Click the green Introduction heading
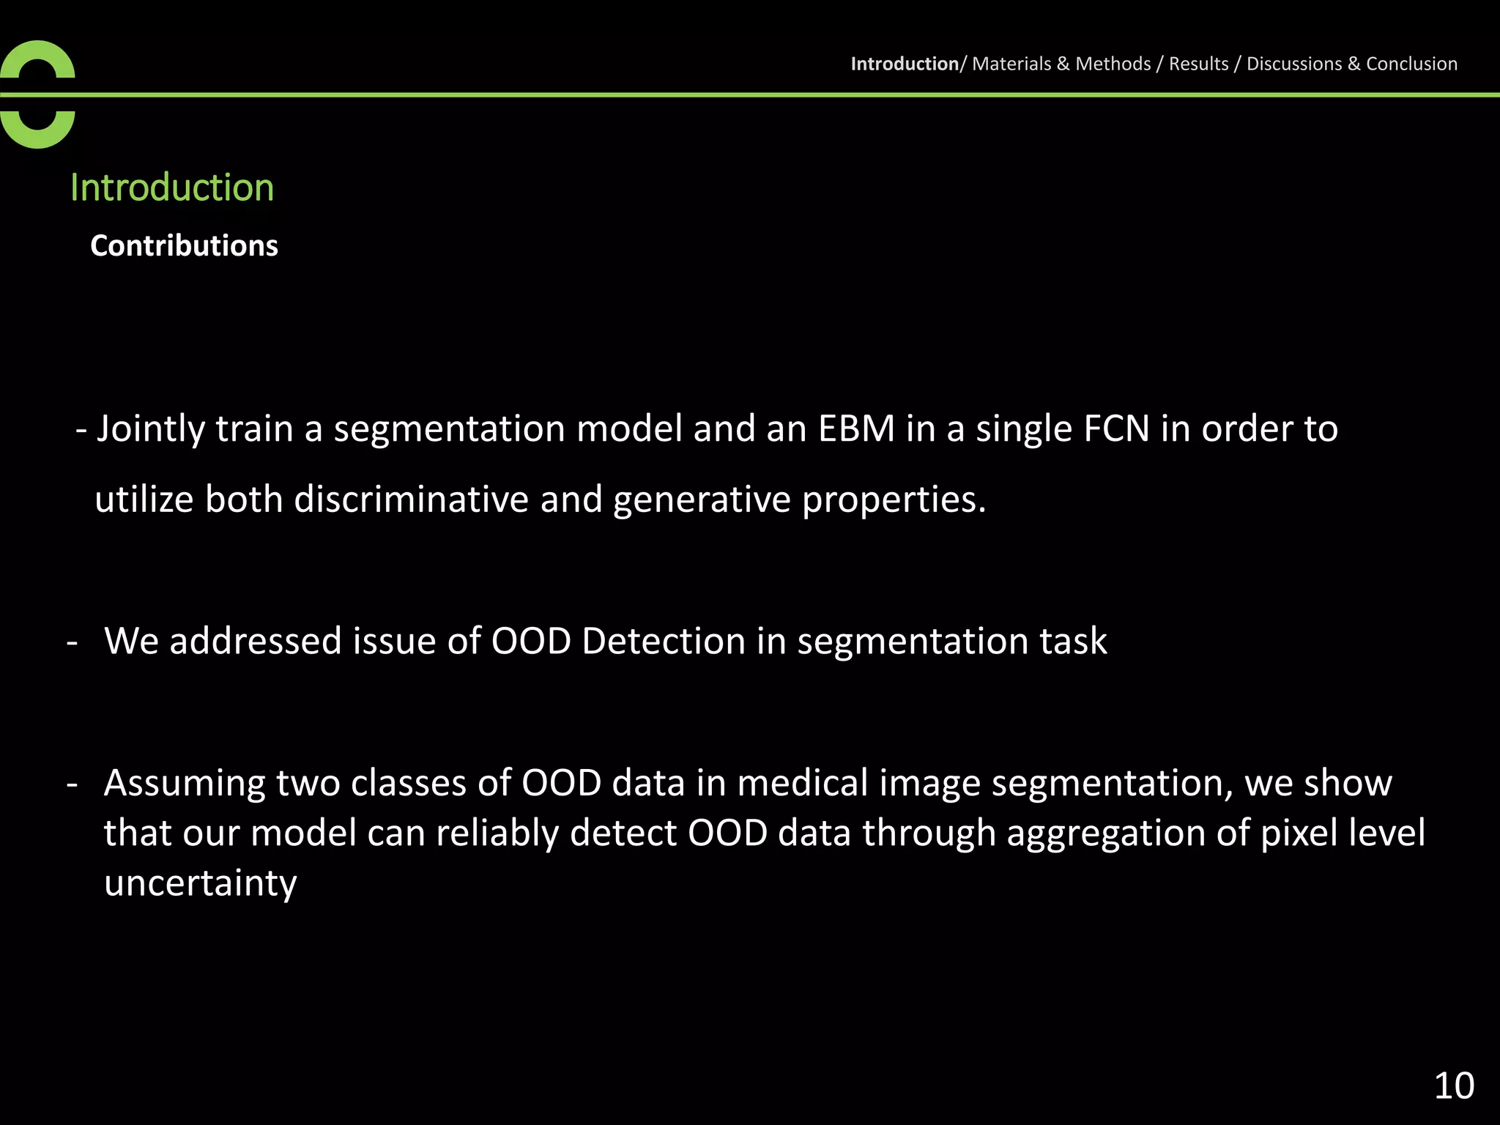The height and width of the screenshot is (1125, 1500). [x=172, y=187]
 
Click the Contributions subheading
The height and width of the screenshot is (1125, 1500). [x=184, y=245]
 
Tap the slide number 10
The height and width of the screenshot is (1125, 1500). [x=1453, y=1085]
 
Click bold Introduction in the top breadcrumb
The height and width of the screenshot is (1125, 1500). [x=904, y=64]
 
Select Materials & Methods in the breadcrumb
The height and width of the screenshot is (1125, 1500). [x=1061, y=64]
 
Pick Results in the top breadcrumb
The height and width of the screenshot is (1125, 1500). [x=1198, y=64]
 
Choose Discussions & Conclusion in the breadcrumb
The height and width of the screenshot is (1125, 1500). [x=1351, y=64]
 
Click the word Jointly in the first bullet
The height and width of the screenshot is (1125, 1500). [x=151, y=428]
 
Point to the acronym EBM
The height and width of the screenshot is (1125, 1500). [x=856, y=428]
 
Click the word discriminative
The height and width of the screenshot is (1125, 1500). [x=411, y=500]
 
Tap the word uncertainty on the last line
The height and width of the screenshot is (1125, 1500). [x=200, y=883]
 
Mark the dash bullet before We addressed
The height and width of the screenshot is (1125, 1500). [x=72, y=642]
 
